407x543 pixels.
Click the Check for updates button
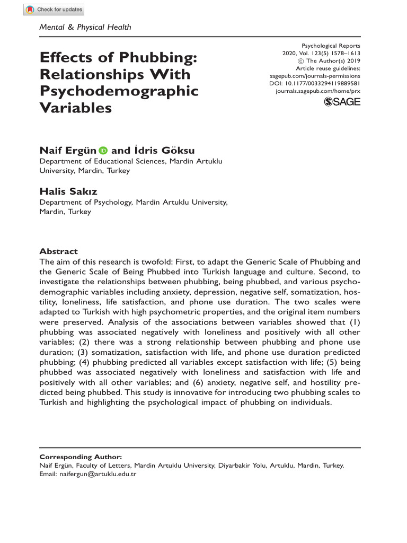pos(55,10)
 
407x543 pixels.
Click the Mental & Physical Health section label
pos(85,27)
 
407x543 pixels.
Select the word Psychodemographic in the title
pos(119,91)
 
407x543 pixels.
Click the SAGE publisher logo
pos(341,102)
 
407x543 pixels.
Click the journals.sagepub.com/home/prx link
pos(318,91)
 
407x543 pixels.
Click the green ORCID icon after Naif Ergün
pos(102,151)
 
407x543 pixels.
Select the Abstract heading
pos(59,251)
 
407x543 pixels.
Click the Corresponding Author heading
pos(81,457)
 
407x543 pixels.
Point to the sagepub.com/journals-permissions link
pos(315,76)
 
